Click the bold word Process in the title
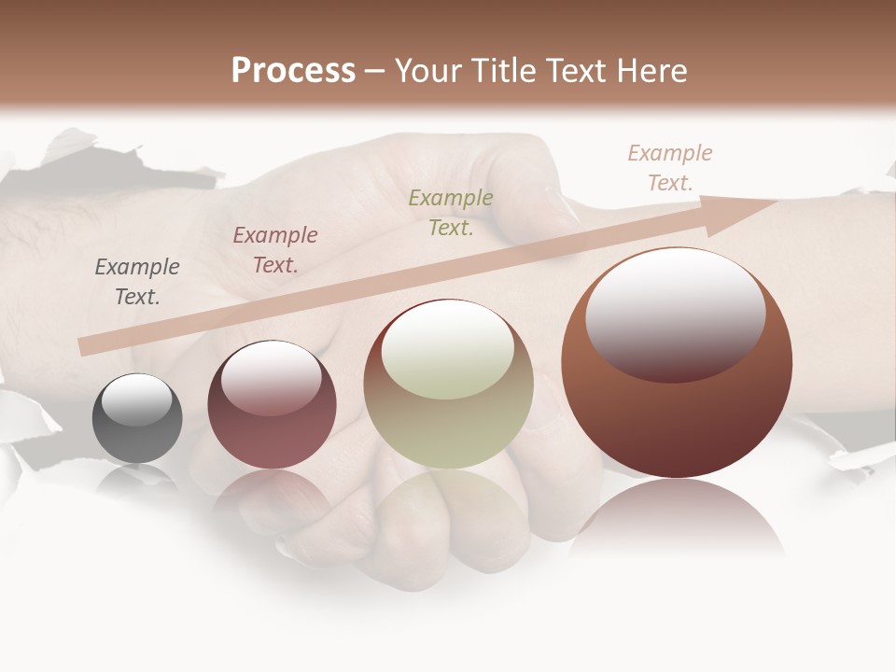click(293, 71)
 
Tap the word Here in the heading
click(651, 71)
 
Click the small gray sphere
click(137, 418)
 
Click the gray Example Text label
click(137, 282)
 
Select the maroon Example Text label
click(275, 250)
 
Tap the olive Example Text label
click(451, 213)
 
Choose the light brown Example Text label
click(670, 168)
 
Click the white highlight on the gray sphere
click(136, 400)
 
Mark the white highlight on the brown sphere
click(676, 314)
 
